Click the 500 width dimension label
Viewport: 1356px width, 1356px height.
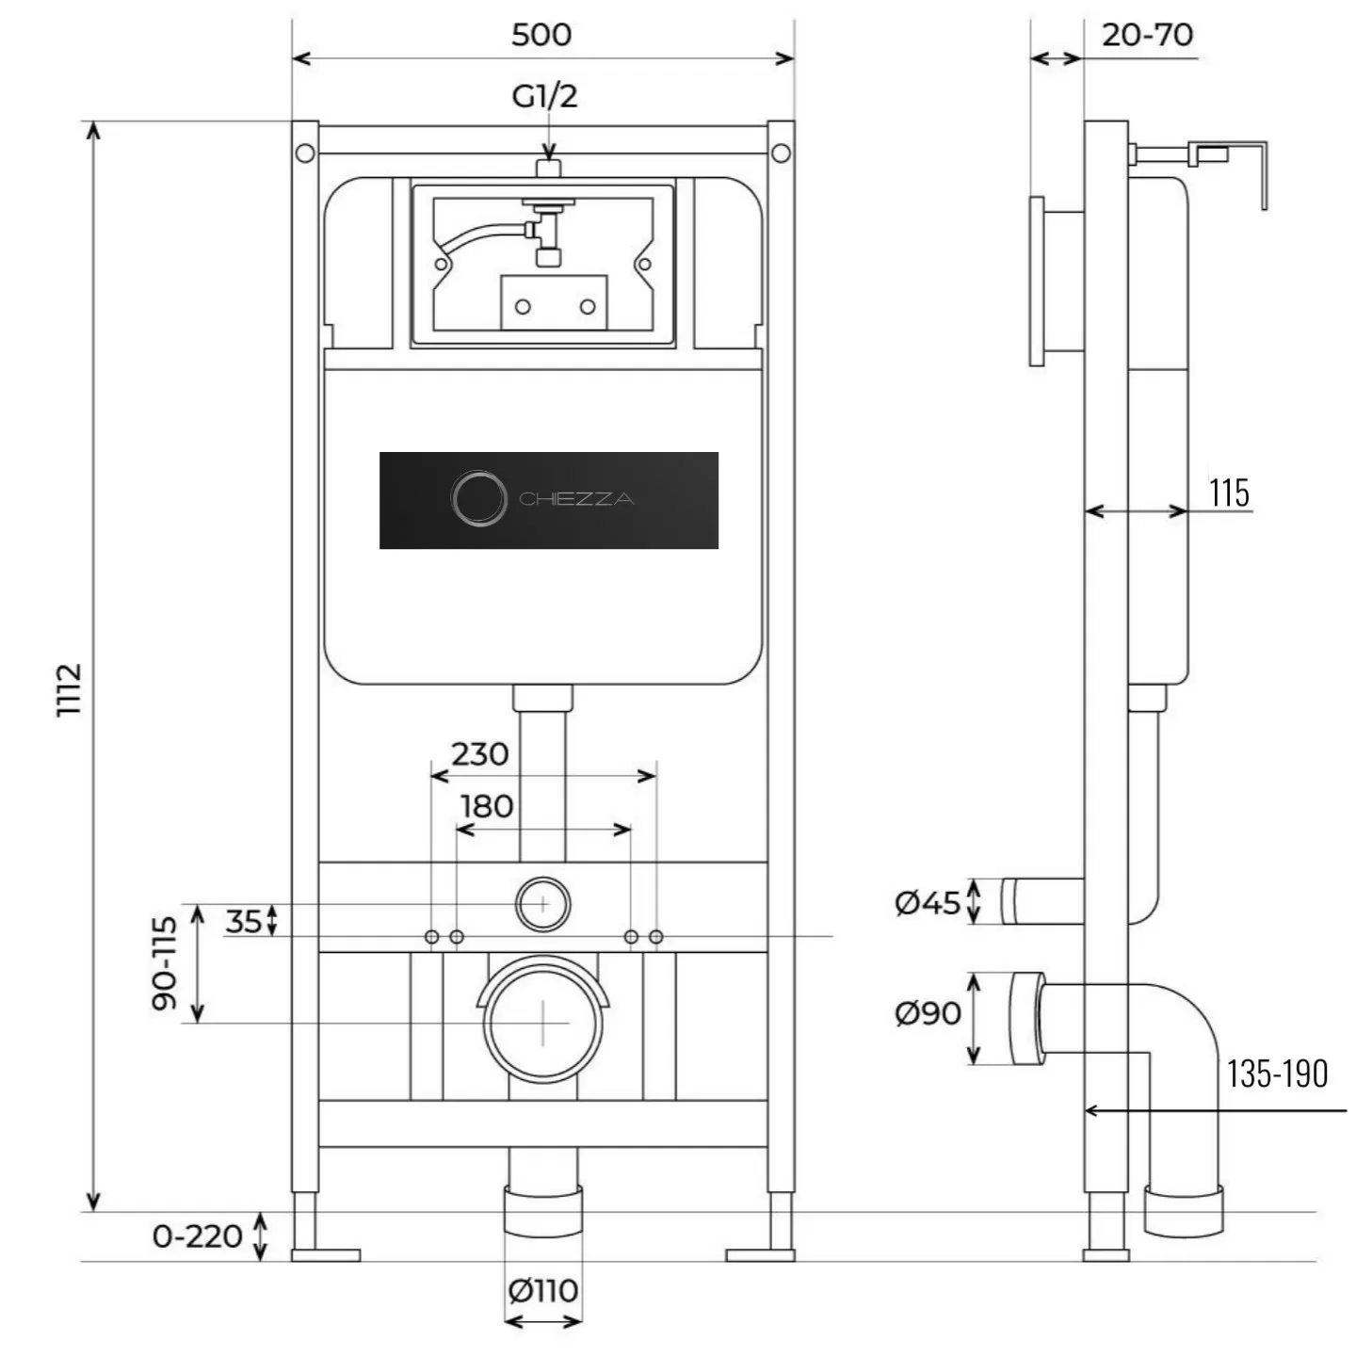(x=541, y=35)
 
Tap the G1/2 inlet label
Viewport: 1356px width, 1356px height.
(x=544, y=96)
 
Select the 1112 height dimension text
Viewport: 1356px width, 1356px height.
(x=70, y=689)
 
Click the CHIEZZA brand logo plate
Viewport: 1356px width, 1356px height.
(x=548, y=500)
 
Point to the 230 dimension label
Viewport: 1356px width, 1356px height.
(x=479, y=754)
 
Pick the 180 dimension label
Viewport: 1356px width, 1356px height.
(x=486, y=807)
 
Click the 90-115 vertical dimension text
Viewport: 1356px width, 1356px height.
(x=164, y=962)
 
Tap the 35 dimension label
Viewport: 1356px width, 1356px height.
(x=243, y=921)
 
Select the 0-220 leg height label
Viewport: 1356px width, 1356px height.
(x=197, y=1235)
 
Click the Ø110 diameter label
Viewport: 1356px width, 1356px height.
(x=543, y=1290)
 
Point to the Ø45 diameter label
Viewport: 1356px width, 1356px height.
(x=928, y=903)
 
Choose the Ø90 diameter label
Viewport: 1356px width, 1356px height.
(x=928, y=1013)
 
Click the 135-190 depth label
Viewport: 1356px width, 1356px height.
(x=1277, y=1073)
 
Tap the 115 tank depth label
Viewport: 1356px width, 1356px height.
(x=1229, y=492)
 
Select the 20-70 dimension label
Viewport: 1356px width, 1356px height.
(x=1147, y=35)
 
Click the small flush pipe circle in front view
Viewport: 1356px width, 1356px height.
(x=543, y=904)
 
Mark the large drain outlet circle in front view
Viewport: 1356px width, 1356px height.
(x=543, y=1023)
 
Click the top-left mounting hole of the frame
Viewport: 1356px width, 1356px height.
(x=304, y=153)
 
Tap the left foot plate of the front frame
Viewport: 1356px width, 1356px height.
(x=326, y=1254)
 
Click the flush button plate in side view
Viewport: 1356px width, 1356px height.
(x=1037, y=281)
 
